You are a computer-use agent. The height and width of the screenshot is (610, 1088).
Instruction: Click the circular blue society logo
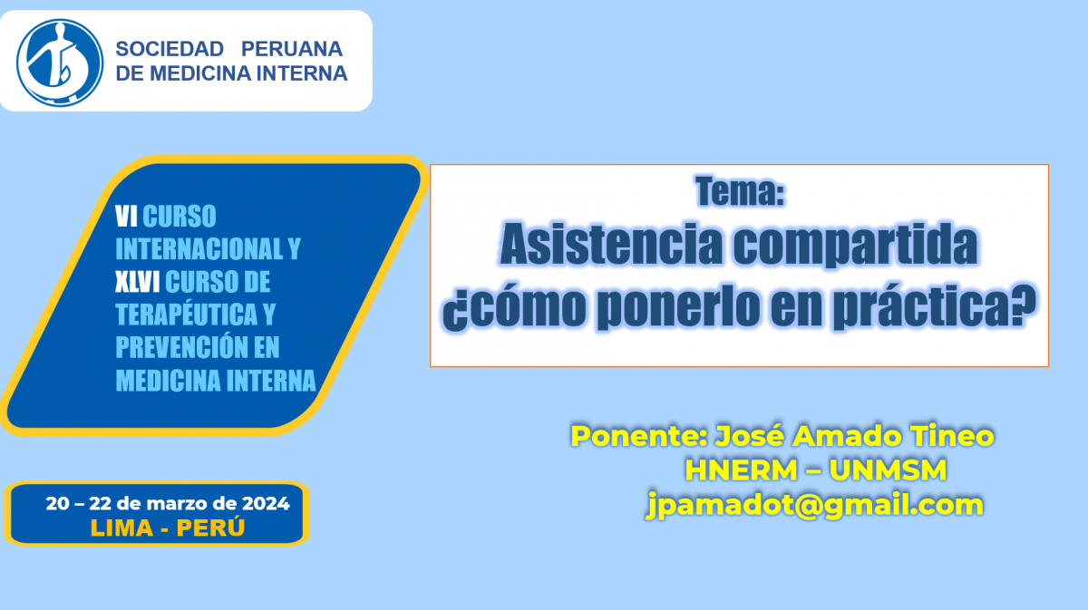pyautogui.click(x=60, y=63)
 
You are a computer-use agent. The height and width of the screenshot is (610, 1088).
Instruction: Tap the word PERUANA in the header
pyautogui.click(x=292, y=49)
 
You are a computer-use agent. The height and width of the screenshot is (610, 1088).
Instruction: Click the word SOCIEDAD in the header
pyautogui.click(x=170, y=49)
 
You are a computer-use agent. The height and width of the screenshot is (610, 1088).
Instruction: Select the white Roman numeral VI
pyautogui.click(x=126, y=216)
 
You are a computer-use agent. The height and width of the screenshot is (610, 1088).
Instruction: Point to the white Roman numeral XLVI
pyautogui.click(x=138, y=282)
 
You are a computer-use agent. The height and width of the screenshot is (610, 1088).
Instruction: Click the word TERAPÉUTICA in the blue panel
pyautogui.click(x=187, y=315)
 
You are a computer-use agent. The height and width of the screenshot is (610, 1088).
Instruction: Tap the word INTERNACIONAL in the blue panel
pyautogui.click(x=199, y=249)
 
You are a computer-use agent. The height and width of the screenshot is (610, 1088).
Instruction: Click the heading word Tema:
pyautogui.click(x=740, y=191)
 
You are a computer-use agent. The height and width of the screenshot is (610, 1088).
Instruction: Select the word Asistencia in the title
pyautogui.click(x=611, y=244)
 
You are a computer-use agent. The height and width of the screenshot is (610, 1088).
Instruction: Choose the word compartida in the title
pyautogui.click(x=855, y=246)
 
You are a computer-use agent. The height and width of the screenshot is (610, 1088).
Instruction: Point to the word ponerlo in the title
pyautogui.click(x=678, y=307)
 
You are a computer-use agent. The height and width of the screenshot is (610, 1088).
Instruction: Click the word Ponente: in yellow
pyautogui.click(x=639, y=436)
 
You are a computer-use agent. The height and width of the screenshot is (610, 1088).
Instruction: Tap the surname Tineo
pyautogui.click(x=952, y=436)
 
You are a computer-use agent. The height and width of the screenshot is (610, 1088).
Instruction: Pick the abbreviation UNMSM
pyautogui.click(x=888, y=470)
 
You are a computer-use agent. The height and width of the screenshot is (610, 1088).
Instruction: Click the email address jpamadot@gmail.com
pyautogui.click(x=815, y=505)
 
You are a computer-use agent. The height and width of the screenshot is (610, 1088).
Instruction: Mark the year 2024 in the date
pyautogui.click(x=267, y=504)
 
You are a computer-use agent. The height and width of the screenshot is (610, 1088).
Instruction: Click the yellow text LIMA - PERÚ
pyautogui.click(x=168, y=528)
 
